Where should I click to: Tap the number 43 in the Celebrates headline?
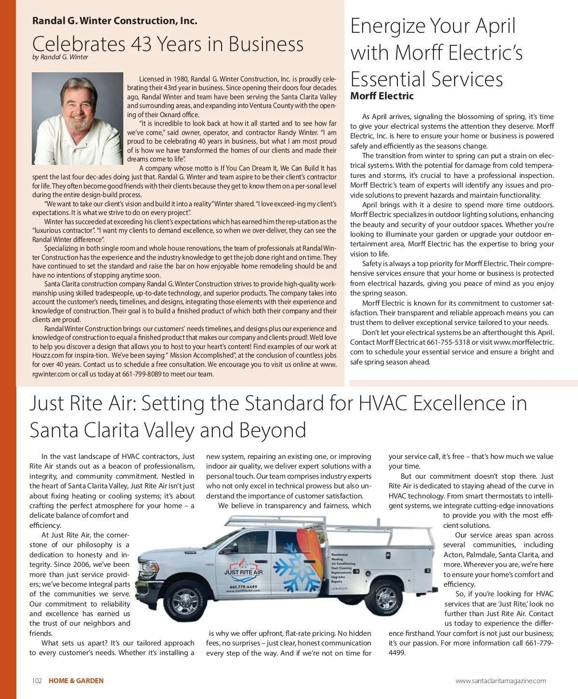pos(142,44)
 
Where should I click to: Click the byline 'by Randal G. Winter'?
pos(60,57)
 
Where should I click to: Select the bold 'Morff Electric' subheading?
pos(382,96)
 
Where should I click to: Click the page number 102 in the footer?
pos(37,681)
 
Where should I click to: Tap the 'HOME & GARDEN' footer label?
pos(76,681)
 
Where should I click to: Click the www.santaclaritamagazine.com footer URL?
pos(500,681)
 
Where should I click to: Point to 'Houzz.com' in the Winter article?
pos(48,356)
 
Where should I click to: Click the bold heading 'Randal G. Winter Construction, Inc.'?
pos(115,21)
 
